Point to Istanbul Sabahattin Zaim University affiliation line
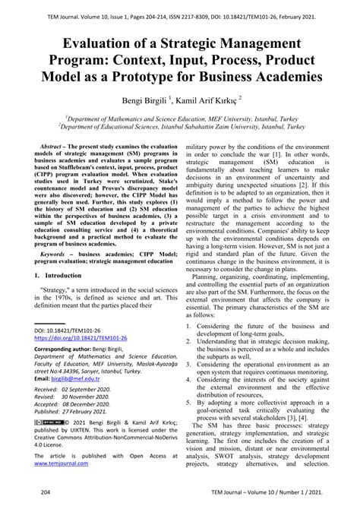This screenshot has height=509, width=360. [180, 126]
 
